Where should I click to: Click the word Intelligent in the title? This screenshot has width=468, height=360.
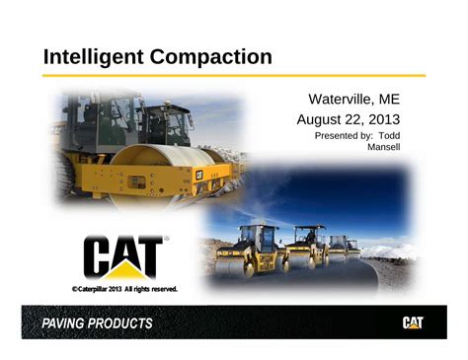click(94, 56)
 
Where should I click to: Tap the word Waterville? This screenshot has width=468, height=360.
click(342, 100)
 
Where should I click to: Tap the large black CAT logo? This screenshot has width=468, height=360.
click(122, 256)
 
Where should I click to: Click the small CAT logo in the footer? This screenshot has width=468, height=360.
click(414, 323)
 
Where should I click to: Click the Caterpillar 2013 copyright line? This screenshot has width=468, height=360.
click(124, 288)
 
